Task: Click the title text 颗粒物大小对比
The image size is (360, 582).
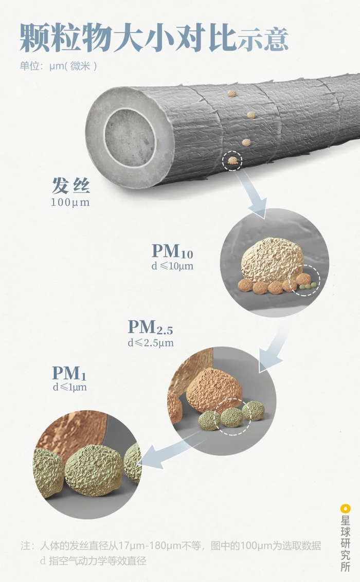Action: point(129,37)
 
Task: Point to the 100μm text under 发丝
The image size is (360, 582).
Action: point(70,202)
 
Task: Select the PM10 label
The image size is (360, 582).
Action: point(172,251)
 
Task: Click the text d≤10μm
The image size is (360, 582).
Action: point(172,266)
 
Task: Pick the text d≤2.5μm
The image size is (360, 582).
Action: point(151,342)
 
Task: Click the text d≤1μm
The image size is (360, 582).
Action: point(69,387)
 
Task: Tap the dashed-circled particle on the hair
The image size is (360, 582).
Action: point(233,161)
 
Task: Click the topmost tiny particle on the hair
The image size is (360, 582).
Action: point(232,94)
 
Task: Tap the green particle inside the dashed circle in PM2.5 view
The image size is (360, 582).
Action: point(231,417)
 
